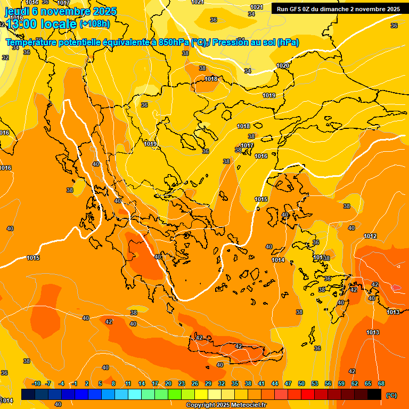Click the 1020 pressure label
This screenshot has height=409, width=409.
click(283, 66)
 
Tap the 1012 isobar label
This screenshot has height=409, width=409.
click(370, 236)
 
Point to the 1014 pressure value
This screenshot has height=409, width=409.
click(278, 260)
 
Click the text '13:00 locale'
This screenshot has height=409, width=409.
click(41, 24)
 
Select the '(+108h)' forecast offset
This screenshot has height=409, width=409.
click(95, 24)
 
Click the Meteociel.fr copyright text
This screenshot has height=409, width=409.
click(226, 405)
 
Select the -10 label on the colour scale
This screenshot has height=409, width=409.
click(36, 383)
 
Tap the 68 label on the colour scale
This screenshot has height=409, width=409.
click(381, 383)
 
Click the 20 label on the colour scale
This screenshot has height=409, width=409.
click(168, 383)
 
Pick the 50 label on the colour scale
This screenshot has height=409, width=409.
click(301, 383)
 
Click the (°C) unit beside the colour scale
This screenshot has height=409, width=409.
click(391, 395)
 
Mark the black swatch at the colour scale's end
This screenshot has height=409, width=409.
click(374, 394)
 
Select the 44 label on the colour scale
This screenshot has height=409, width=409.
click(275, 383)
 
